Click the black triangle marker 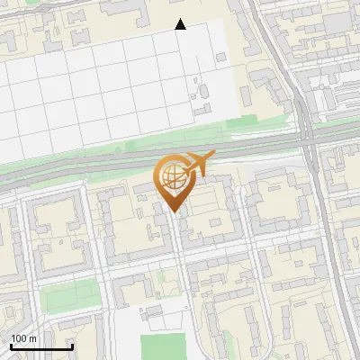point(181,24)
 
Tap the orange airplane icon point(197,164)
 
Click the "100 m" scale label point(24,338)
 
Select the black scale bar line point(41,346)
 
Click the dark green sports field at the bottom point(163,346)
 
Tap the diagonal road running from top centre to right point(274,63)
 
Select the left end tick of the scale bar point(11,346)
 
